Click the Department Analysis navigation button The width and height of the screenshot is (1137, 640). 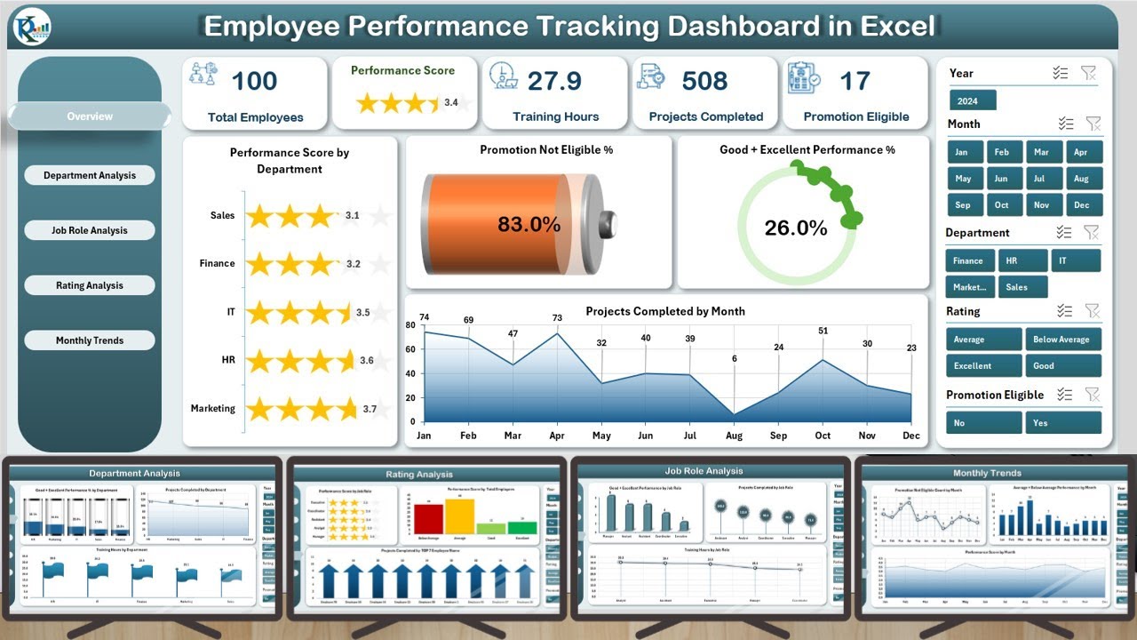90,175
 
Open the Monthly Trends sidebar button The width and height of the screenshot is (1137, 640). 90,340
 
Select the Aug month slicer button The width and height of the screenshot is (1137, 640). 1080,179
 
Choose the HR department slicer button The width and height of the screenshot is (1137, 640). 1022,260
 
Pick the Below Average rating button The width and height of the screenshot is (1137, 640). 1062,340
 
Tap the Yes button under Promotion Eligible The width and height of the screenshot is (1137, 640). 1062,423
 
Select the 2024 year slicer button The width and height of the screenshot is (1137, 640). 972,101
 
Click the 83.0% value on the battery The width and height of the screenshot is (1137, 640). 529,225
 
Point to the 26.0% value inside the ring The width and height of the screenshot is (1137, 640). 795,228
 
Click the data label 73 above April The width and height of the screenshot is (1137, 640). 557,318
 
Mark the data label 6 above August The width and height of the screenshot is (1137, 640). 734,358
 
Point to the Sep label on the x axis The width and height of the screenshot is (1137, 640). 778,436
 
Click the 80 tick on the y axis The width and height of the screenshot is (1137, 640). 410,325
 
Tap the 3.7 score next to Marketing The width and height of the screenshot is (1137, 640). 370,410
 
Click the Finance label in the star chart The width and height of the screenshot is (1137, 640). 218,263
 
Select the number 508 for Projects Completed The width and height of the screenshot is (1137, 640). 705,82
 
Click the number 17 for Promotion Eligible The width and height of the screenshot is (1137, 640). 855,82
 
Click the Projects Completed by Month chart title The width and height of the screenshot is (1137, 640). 665,311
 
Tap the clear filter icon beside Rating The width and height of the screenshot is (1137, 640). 1093,310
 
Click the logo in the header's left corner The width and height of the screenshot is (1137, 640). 33,28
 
